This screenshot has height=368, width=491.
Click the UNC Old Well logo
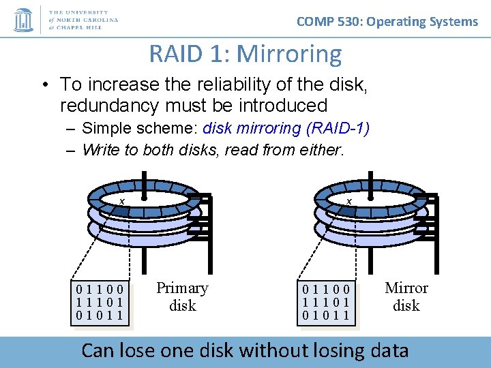24,19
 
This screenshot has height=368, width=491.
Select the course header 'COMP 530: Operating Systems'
387,21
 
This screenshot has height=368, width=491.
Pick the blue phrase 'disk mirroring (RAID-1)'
286,128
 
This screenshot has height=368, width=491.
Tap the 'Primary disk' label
182,296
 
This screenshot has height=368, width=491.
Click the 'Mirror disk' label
406,296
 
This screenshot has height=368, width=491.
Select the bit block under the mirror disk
327,301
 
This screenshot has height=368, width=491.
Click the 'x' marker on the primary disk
121,201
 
